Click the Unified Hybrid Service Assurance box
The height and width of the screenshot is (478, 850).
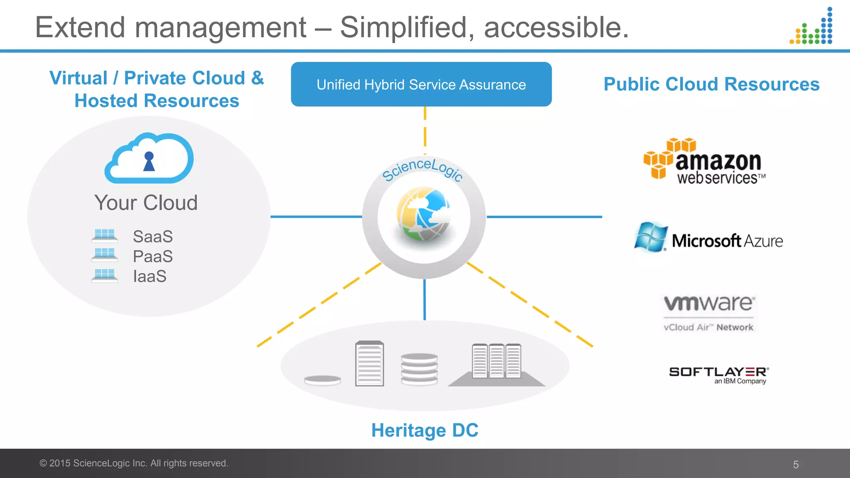[x=421, y=84]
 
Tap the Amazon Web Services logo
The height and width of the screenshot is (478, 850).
[x=705, y=161]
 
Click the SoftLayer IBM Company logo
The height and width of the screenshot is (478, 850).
[x=719, y=375]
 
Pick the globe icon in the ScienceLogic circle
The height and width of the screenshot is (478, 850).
[x=423, y=214]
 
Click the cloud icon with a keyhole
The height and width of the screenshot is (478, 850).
[x=149, y=158]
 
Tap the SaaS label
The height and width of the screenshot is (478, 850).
[x=153, y=237]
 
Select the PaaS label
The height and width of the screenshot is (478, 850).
[x=153, y=256]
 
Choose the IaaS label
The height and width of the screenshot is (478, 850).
[x=149, y=276]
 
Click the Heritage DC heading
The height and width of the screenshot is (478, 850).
[x=425, y=430]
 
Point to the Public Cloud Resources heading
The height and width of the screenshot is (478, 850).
[x=711, y=84]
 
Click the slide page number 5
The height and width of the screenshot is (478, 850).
[x=796, y=464]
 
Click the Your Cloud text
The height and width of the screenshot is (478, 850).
[x=146, y=202]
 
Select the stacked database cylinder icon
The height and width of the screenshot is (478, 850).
[x=419, y=368]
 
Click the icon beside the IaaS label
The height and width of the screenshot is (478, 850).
[x=105, y=276]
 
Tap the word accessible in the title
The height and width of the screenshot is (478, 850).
[x=556, y=27]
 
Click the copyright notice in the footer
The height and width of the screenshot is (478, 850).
[x=134, y=463]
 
